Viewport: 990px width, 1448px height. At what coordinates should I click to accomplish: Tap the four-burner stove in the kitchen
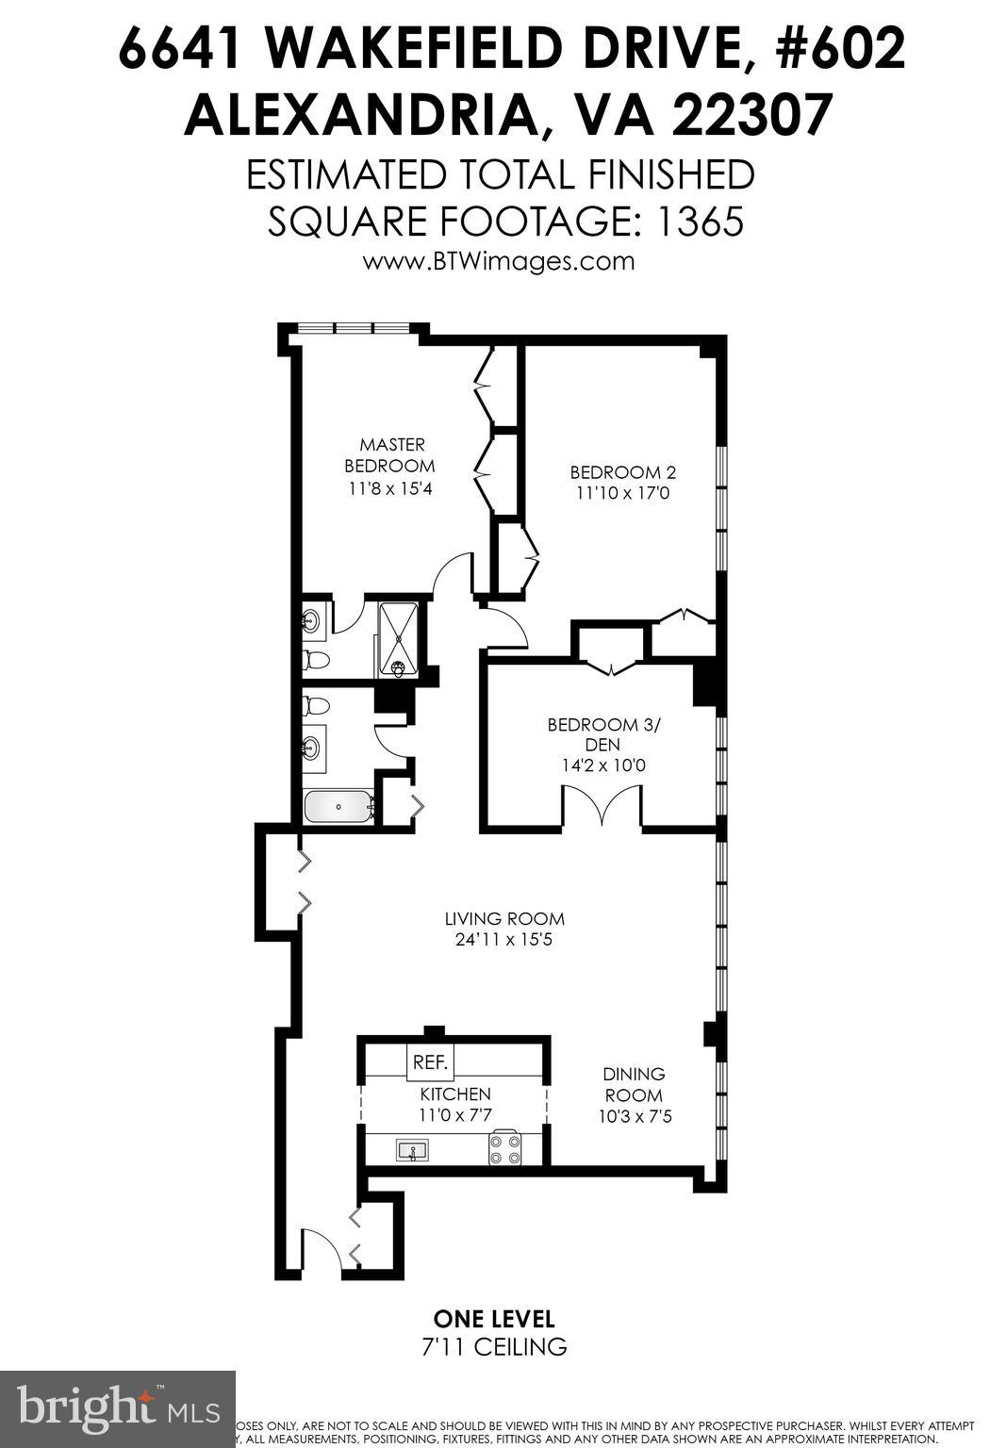tap(506, 1148)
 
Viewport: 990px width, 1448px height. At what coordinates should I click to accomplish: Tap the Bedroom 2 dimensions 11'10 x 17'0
tap(622, 493)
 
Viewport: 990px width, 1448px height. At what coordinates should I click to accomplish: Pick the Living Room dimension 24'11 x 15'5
tap(505, 940)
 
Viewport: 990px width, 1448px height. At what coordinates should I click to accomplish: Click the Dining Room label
tap(634, 1084)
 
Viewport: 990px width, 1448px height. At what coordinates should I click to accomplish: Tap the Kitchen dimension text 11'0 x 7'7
tap(455, 1114)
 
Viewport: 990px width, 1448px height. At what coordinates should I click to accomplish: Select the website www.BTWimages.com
tap(499, 261)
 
